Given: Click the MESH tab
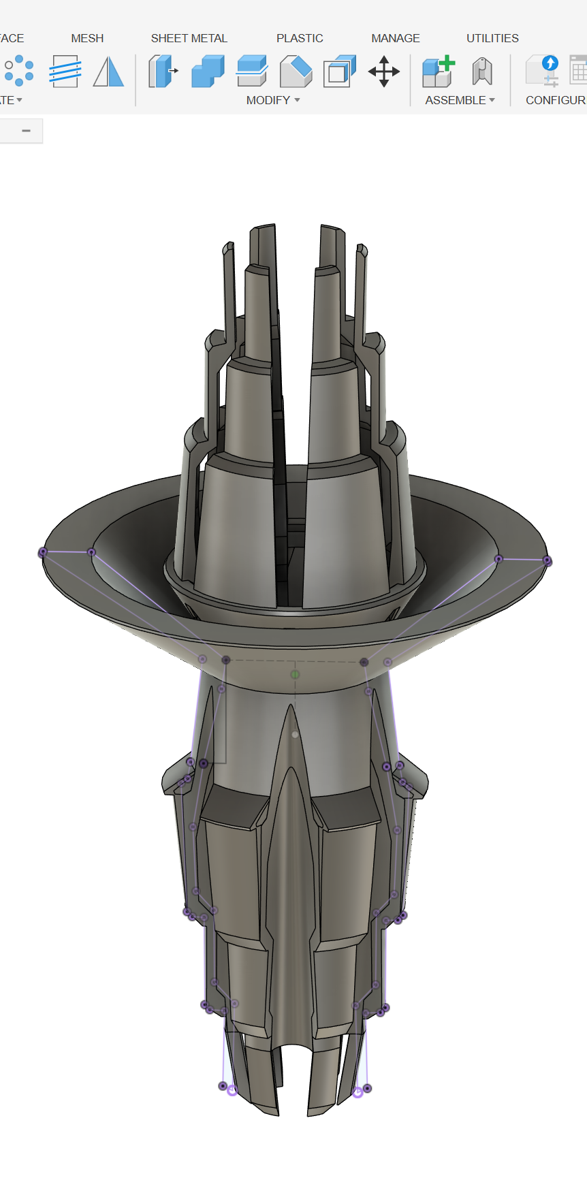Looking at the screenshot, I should tap(87, 38).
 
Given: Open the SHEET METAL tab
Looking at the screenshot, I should tap(189, 38).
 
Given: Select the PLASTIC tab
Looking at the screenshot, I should tap(300, 38).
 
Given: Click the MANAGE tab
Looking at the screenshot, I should tap(395, 38).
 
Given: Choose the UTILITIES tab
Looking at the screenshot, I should tap(492, 38).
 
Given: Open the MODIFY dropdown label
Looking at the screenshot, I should tap(272, 100).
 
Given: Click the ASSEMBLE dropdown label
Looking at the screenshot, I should tap(460, 100).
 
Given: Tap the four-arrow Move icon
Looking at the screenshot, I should tap(383, 71).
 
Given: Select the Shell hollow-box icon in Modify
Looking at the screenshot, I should tap(340, 71).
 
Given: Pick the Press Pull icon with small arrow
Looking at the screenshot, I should tap(163, 71).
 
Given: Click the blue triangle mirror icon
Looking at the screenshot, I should tap(108, 71).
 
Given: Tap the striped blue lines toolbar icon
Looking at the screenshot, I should tap(65, 71).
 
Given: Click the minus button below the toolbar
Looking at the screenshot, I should tap(26, 131).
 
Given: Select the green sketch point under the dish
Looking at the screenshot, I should tap(295, 674).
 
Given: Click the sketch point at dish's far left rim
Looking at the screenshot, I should tap(43, 552).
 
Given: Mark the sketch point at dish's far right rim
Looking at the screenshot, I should tap(547, 560).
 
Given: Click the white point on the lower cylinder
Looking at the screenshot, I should tap(295, 735).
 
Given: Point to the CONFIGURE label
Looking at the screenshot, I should tap(555, 100).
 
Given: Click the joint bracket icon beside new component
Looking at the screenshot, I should tap(482, 71).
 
